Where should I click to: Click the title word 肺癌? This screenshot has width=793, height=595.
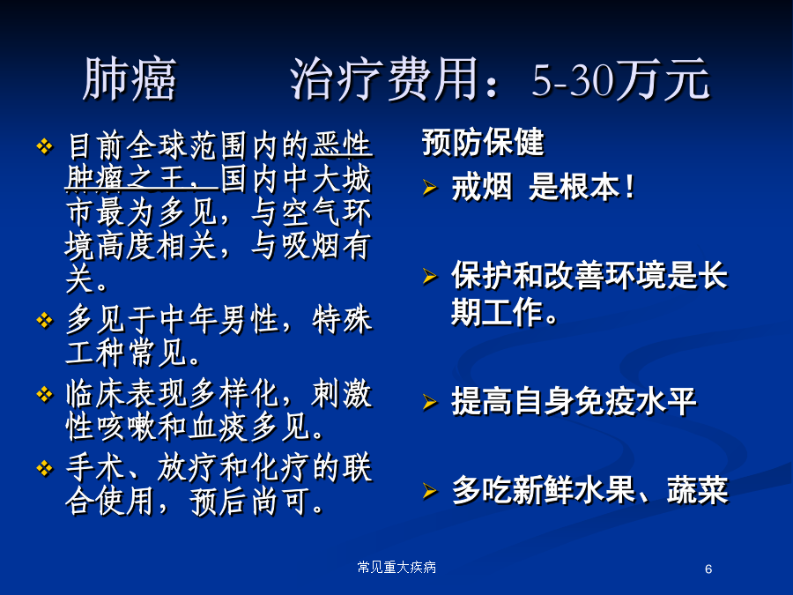pos(130,79)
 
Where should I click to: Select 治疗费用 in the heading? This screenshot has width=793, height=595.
pos(384,79)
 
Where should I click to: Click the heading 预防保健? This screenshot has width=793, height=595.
pos(483,142)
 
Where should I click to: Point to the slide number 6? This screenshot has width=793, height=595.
pos(708,569)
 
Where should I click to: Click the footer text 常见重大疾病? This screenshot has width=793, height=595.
pos(396,567)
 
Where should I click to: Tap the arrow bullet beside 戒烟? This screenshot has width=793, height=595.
pos(429,188)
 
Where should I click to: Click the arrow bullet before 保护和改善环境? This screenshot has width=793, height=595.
pos(429,276)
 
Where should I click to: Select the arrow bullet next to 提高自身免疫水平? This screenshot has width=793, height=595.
pos(429,402)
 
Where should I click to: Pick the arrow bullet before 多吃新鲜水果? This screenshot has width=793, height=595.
pos(429,491)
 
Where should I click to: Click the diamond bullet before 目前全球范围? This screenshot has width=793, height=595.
pos(45,146)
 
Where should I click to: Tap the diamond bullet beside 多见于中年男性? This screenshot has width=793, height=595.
pos(45,320)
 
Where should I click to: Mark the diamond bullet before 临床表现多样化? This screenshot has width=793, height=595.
pos(45,394)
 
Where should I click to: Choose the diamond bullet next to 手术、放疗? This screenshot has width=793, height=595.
pos(45,468)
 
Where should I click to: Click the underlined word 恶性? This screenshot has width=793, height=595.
pos(342,145)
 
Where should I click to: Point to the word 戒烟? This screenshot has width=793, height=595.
pos(482,187)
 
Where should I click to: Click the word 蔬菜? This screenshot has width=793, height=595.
pos(698,490)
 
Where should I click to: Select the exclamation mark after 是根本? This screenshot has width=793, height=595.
pos(629,187)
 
